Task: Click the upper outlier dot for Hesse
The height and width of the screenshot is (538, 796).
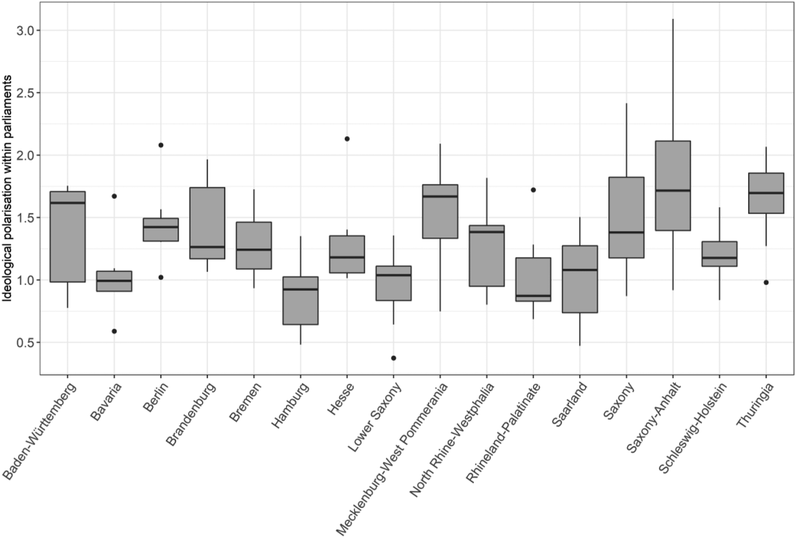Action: click(347, 139)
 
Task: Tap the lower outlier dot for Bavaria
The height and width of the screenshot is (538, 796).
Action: click(114, 331)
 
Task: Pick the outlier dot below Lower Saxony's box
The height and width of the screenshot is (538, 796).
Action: click(394, 358)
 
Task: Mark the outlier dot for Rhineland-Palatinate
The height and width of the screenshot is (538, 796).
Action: click(533, 190)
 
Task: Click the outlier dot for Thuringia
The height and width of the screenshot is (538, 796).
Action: click(766, 282)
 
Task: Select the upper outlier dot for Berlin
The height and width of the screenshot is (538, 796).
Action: click(161, 145)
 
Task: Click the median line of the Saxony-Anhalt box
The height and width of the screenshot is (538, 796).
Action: click(673, 190)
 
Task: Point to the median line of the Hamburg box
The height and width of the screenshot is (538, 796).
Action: click(300, 289)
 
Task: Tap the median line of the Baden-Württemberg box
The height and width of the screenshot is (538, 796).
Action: click(68, 203)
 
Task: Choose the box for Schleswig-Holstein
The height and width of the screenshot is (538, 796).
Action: click(719, 254)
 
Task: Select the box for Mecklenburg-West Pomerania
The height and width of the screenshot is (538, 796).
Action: click(440, 211)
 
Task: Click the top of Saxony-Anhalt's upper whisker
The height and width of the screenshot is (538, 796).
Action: click(673, 19)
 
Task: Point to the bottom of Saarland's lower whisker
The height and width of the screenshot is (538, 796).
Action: click(580, 345)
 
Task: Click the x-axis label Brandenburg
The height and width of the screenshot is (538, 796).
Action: click(191, 414)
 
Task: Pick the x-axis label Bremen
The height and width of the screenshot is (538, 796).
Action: click(245, 402)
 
